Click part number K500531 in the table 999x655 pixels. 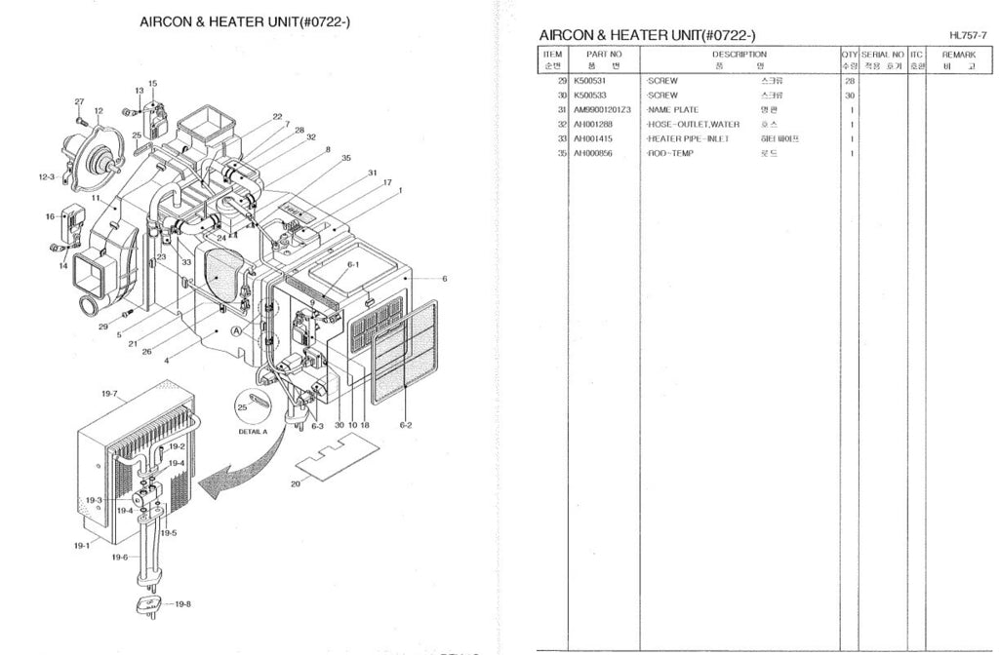[589, 81]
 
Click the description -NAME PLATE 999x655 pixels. [672, 110]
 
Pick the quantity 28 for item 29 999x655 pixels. [850, 81]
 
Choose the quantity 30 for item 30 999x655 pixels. [850, 96]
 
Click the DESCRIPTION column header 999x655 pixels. [739, 55]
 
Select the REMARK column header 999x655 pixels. [958, 55]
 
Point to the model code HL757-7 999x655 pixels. [967, 36]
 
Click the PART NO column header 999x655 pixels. [604, 55]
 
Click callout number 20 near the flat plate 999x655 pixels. [295, 482]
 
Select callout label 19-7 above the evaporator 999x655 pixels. [108, 394]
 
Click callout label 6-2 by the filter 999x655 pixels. [406, 425]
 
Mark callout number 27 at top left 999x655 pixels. [79, 102]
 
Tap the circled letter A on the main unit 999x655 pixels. [236, 331]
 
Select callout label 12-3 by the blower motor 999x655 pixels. [47, 177]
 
